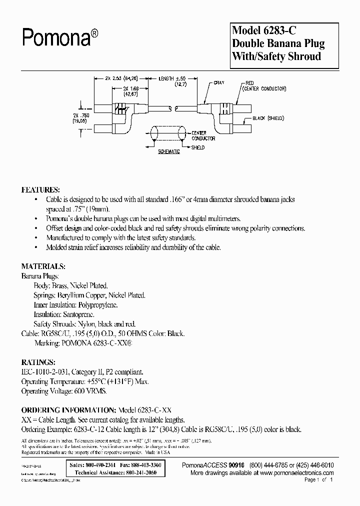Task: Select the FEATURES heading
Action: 40,190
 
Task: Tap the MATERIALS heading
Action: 43,266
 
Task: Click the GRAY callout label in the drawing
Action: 218,83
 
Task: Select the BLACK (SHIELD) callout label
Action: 268,118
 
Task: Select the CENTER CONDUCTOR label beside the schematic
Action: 203,135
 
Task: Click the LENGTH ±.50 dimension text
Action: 173,79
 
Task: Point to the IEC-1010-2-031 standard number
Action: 44,372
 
